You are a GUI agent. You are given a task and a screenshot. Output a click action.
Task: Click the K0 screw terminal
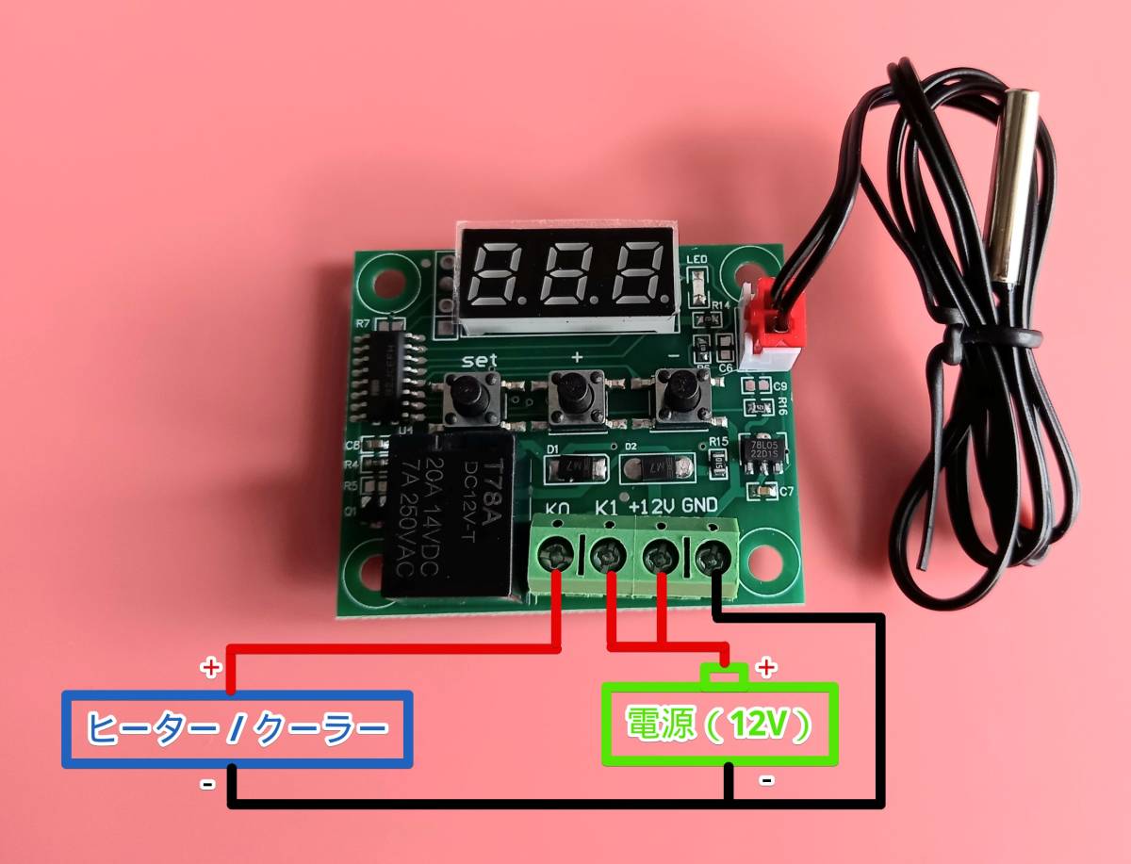[558, 555]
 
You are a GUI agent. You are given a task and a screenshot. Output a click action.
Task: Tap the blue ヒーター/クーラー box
[237, 728]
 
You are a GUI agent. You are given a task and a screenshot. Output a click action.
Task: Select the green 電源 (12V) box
[719, 724]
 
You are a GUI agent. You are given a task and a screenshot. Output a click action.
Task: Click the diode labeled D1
[574, 466]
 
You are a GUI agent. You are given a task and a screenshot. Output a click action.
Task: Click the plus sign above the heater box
[211, 668]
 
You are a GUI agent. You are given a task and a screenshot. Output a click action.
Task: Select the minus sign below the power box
[767, 779]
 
